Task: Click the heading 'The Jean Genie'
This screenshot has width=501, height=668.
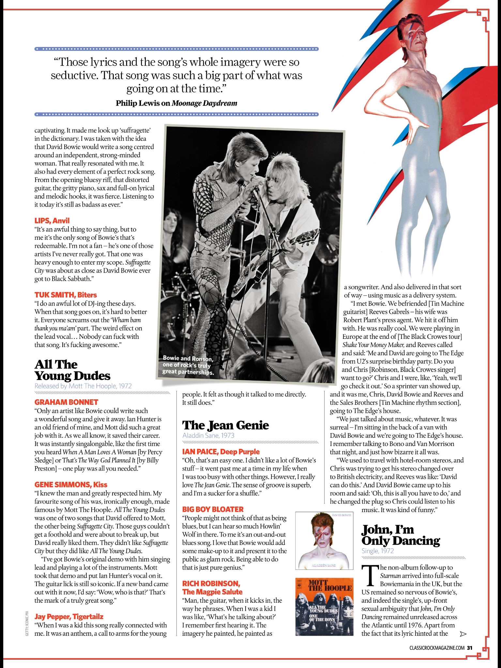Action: click(x=225, y=425)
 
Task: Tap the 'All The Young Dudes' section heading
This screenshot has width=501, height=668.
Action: click(x=72, y=370)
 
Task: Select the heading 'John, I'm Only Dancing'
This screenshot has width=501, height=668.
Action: click(x=401, y=535)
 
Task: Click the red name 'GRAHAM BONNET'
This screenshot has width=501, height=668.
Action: click(x=66, y=402)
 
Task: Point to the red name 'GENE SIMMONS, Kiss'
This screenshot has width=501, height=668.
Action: click(x=71, y=485)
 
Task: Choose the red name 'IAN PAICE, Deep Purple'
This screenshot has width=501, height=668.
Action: click(x=221, y=452)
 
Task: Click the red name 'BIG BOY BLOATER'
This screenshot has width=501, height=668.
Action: click(x=213, y=509)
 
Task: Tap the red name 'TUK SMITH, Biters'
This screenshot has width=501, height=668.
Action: click(x=66, y=295)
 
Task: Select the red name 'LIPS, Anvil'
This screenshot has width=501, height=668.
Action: click(x=52, y=221)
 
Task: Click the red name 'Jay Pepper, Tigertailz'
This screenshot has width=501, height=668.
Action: click(x=69, y=617)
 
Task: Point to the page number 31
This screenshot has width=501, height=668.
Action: click(x=470, y=648)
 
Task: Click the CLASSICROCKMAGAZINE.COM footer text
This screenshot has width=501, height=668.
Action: click(x=437, y=648)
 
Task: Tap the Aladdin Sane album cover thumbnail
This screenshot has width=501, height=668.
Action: click(x=324, y=540)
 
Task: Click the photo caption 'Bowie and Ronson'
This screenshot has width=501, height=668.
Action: click(x=188, y=365)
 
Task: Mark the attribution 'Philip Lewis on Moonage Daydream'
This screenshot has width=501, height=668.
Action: click(x=176, y=103)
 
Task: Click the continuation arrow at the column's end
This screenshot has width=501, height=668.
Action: click(x=463, y=634)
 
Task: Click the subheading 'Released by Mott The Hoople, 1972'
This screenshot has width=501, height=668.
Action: click(x=83, y=386)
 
